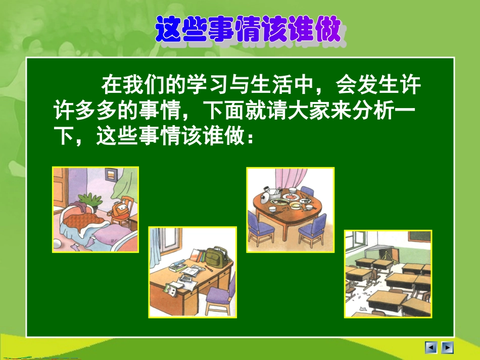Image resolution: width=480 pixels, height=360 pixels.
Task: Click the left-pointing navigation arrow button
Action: (x=431, y=347)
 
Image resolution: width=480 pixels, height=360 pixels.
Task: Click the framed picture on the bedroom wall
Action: (x=111, y=175)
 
